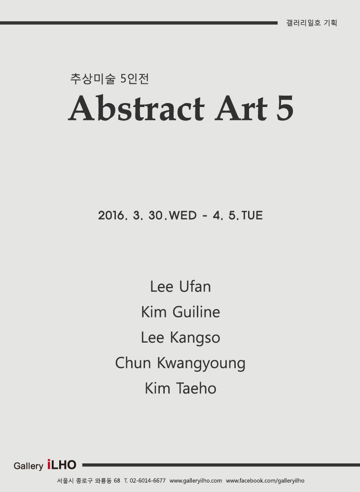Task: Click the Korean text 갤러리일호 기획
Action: (x=311, y=23)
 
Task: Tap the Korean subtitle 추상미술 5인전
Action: (x=109, y=78)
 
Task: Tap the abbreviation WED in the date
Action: (x=183, y=215)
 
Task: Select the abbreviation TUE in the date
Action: (x=252, y=215)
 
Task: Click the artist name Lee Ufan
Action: (x=180, y=286)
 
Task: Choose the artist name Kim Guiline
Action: (x=180, y=312)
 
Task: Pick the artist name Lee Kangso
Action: (x=180, y=338)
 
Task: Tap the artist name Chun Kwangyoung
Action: (x=180, y=363)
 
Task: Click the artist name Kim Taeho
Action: (x=180, y=388)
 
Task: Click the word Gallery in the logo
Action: (x=28, y=466)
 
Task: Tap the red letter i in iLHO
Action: (x=50, y=465)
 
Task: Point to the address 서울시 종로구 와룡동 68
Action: (x=88, y=481)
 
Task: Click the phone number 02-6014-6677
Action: (x=147, y=481)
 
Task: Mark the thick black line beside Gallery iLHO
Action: (x=221, y=465)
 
